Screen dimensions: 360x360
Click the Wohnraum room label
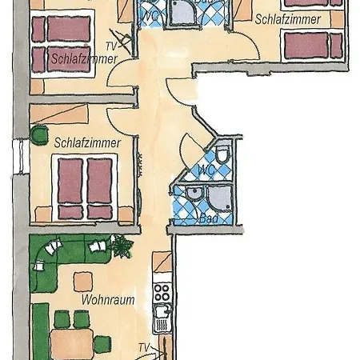[106, 301]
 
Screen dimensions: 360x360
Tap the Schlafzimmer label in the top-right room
[288, 18]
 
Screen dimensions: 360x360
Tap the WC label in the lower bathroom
[206, 170]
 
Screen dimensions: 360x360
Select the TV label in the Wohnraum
[144, 347]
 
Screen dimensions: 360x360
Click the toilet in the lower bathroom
[224, 154]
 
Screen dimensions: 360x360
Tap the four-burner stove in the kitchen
[162, 289]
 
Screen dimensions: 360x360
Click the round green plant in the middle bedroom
[36, 131]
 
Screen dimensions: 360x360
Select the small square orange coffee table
[83, 281]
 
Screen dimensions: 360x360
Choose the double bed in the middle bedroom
[88, 186]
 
